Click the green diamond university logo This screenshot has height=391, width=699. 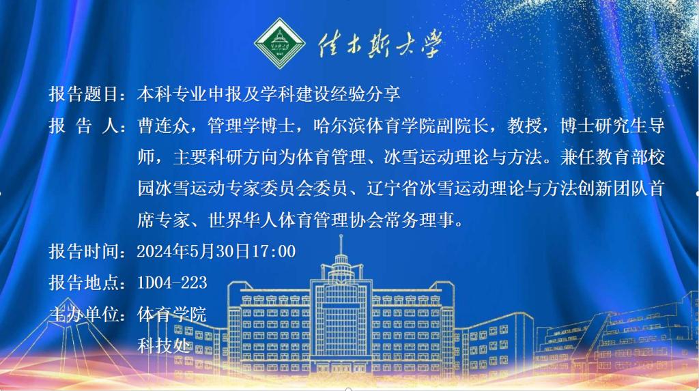(279, 43)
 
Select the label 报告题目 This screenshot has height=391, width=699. (83, 94)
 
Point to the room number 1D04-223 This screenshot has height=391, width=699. (172, 283)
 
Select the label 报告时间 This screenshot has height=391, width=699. (83, 251)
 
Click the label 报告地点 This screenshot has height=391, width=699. (83, 283)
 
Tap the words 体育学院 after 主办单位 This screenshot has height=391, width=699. (171, 315)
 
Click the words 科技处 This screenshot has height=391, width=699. (164, 345)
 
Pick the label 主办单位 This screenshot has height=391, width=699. (83, 315)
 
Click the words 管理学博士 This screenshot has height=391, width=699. (251, 126)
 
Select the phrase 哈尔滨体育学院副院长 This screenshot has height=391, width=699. (400, 126)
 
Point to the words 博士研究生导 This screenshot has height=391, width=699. (612, 126)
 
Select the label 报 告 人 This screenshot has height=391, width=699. (84, 126)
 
